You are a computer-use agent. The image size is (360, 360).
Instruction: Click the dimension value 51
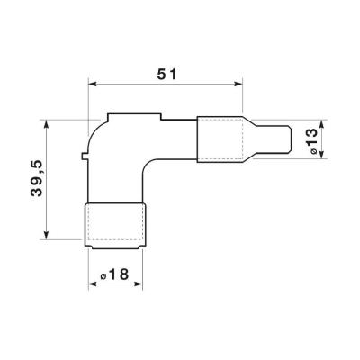(167, 75)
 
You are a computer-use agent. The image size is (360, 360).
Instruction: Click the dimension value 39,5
(38, 178)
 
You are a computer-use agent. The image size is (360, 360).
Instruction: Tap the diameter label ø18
(114, 274)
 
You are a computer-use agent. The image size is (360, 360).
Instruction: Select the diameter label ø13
(312, 140)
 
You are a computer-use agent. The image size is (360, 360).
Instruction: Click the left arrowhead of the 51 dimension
(92, 85)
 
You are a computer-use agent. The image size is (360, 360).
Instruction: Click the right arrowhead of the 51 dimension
(238, 85)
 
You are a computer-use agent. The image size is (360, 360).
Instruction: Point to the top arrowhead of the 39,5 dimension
(46, 124)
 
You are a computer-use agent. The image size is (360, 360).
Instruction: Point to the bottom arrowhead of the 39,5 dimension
(46, 235)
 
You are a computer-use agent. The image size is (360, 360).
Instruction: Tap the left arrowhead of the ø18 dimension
(93, 283)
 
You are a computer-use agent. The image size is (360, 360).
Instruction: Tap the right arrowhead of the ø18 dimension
(139, 283)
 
